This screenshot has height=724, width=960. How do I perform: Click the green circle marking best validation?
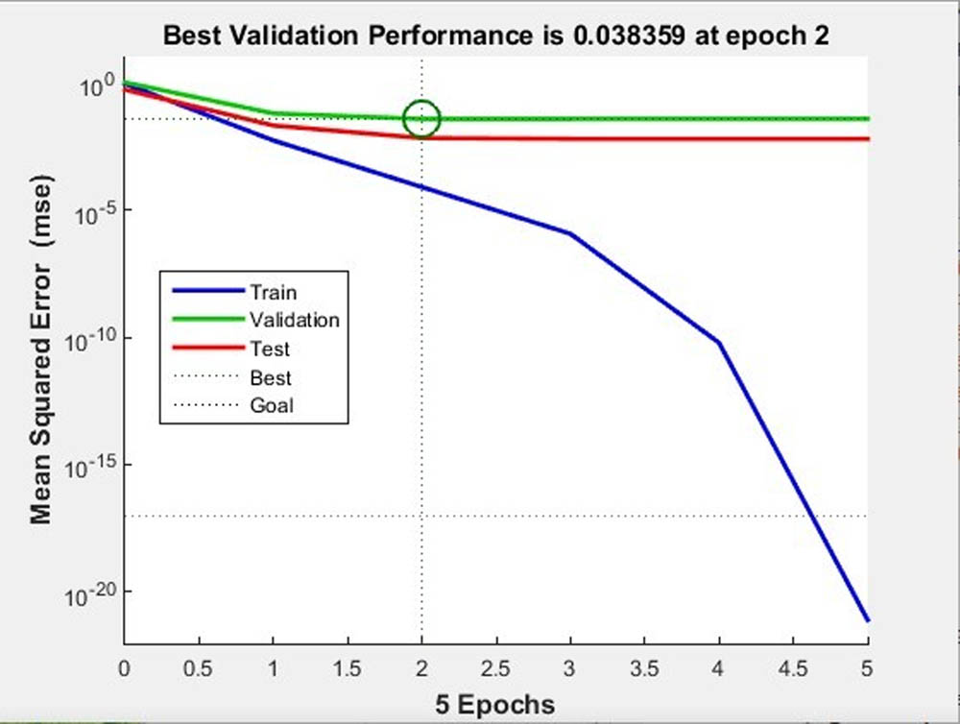421,119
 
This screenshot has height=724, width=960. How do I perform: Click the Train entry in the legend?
273,292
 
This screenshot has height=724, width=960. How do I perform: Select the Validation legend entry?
294,320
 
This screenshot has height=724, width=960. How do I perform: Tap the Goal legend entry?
271,405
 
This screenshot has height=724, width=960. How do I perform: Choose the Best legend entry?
270,377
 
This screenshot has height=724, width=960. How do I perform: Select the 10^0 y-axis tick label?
97,86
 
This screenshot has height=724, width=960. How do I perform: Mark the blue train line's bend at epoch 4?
718,342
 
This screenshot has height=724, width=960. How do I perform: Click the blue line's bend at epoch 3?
570,233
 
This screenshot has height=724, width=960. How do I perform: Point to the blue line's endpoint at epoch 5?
867,620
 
